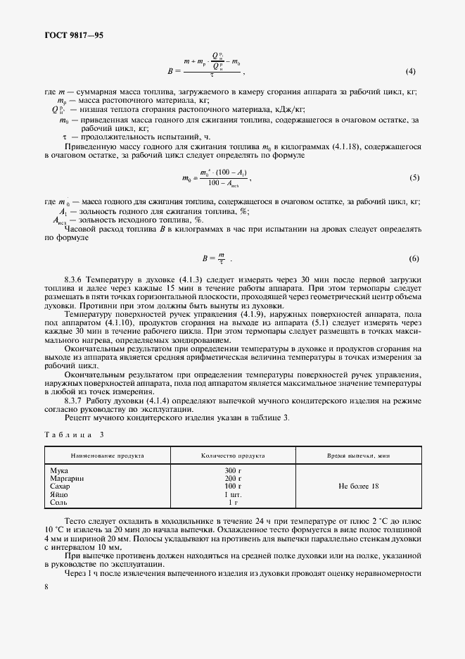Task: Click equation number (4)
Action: (x=411, y=71)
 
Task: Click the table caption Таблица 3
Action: (x=73, y=434)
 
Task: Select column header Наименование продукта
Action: (x=103, y=456)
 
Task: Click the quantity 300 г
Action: (x=233, y=470)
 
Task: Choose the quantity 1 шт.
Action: (x=233, y=494)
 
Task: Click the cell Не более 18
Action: (x=358, y=486)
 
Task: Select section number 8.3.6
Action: (x=78, y=280)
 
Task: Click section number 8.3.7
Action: (x=78, y=401)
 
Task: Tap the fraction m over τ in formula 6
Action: (x=221, y=258)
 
